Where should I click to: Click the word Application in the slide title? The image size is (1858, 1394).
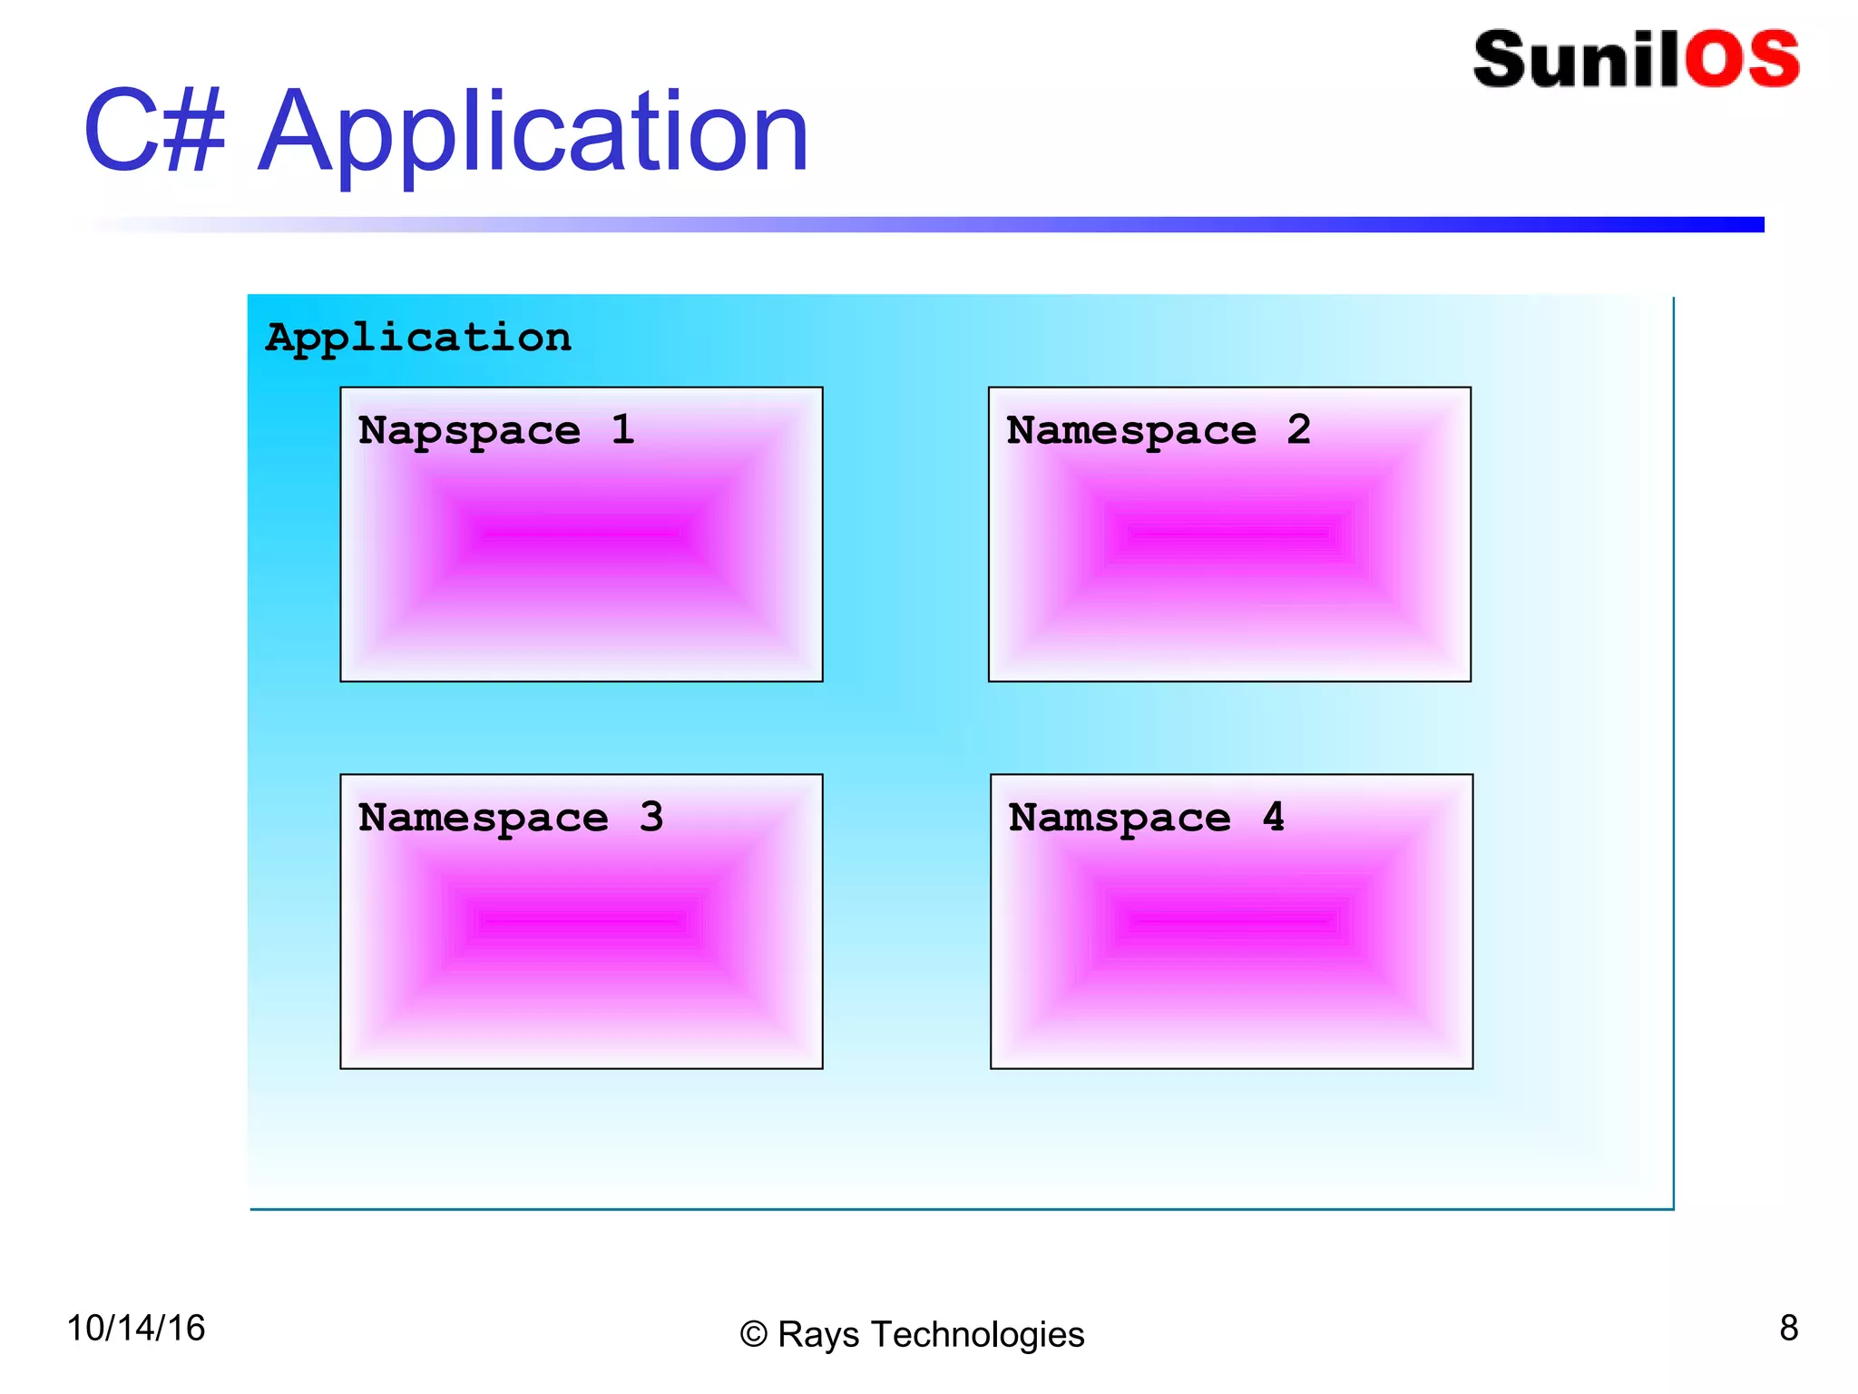pos(533,134)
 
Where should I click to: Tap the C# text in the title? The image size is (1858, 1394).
pos(154,132)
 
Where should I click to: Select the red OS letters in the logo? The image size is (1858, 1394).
pos(1742,60)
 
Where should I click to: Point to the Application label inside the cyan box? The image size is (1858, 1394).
pos(418,339)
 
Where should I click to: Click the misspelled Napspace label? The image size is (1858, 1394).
pos(469,431)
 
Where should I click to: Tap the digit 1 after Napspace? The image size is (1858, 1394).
pos(622,429)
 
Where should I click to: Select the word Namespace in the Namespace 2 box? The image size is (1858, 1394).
pos(1131,431)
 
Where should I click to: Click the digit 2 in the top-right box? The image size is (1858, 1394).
pos(1298,429)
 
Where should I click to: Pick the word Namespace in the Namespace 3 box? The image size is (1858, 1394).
pos(483,819)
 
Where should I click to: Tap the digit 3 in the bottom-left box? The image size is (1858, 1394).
pos(650,817)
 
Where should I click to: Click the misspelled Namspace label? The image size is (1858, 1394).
pos(1120,819)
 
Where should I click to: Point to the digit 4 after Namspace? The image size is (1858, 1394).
pos(1274,817)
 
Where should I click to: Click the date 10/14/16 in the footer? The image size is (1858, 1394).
pos(136,1328)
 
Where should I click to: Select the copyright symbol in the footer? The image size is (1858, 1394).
pos(753,1335)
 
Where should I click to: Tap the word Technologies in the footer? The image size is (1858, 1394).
pos(977,1335)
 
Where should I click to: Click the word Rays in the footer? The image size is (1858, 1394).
pos(818,1335)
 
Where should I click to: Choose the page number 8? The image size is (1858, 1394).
pos(1788,1328)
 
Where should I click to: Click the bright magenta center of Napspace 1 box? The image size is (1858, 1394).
pos(581,534)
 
